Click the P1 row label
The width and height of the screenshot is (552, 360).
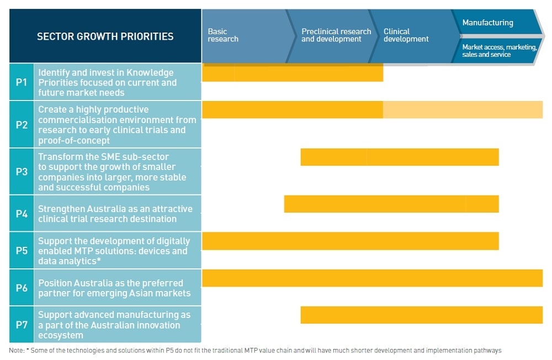pos(22,82)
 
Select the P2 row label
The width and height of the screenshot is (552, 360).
pos(22,125)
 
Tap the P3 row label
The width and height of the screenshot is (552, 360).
pos(22,172)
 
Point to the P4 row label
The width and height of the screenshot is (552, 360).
pos(22,214)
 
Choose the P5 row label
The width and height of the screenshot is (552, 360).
pos(22,251)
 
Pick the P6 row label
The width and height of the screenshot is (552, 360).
pos(22,288)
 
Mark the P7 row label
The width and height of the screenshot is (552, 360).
pos(22,325)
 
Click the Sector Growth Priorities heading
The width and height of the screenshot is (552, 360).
pos(105,36)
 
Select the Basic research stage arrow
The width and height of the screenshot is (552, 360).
pos(243,35)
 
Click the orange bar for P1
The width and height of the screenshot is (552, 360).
pos(293,73)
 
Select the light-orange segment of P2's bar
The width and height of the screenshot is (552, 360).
pos(463,110)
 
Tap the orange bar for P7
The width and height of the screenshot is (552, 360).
pos(422,315)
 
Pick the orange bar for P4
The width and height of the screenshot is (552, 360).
pos(391,204)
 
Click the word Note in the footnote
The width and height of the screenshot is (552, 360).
pos(16,351)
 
